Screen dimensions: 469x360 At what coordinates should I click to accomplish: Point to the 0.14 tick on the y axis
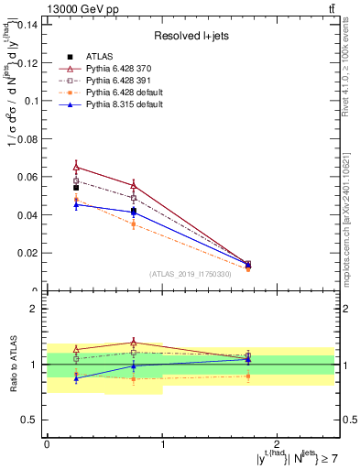click(x=27, y=24)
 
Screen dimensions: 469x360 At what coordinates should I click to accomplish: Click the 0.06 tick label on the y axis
click(x=27, y=177)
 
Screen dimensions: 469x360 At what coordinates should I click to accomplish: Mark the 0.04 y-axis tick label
click(x=27, y=214)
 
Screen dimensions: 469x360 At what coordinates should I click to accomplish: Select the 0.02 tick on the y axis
click(x=27, y=253)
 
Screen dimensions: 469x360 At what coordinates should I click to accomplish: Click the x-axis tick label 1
click(x=162, y=443)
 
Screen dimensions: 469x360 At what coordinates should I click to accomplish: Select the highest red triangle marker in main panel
click(x=76, y=167)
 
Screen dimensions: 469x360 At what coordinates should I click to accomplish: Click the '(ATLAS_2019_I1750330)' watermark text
click(x=190, y=274)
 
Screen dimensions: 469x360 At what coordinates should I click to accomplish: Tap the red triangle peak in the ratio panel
click(x=134, y=342)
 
